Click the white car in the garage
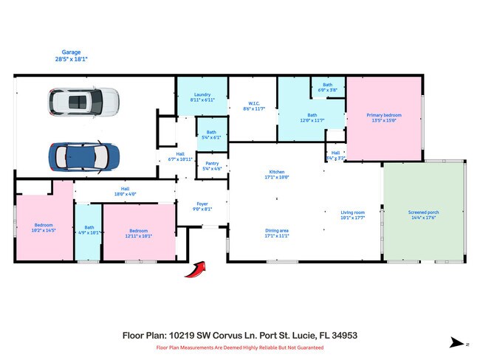click(83, 103)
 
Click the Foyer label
click(202, 207)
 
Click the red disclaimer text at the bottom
click(239, 347)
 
